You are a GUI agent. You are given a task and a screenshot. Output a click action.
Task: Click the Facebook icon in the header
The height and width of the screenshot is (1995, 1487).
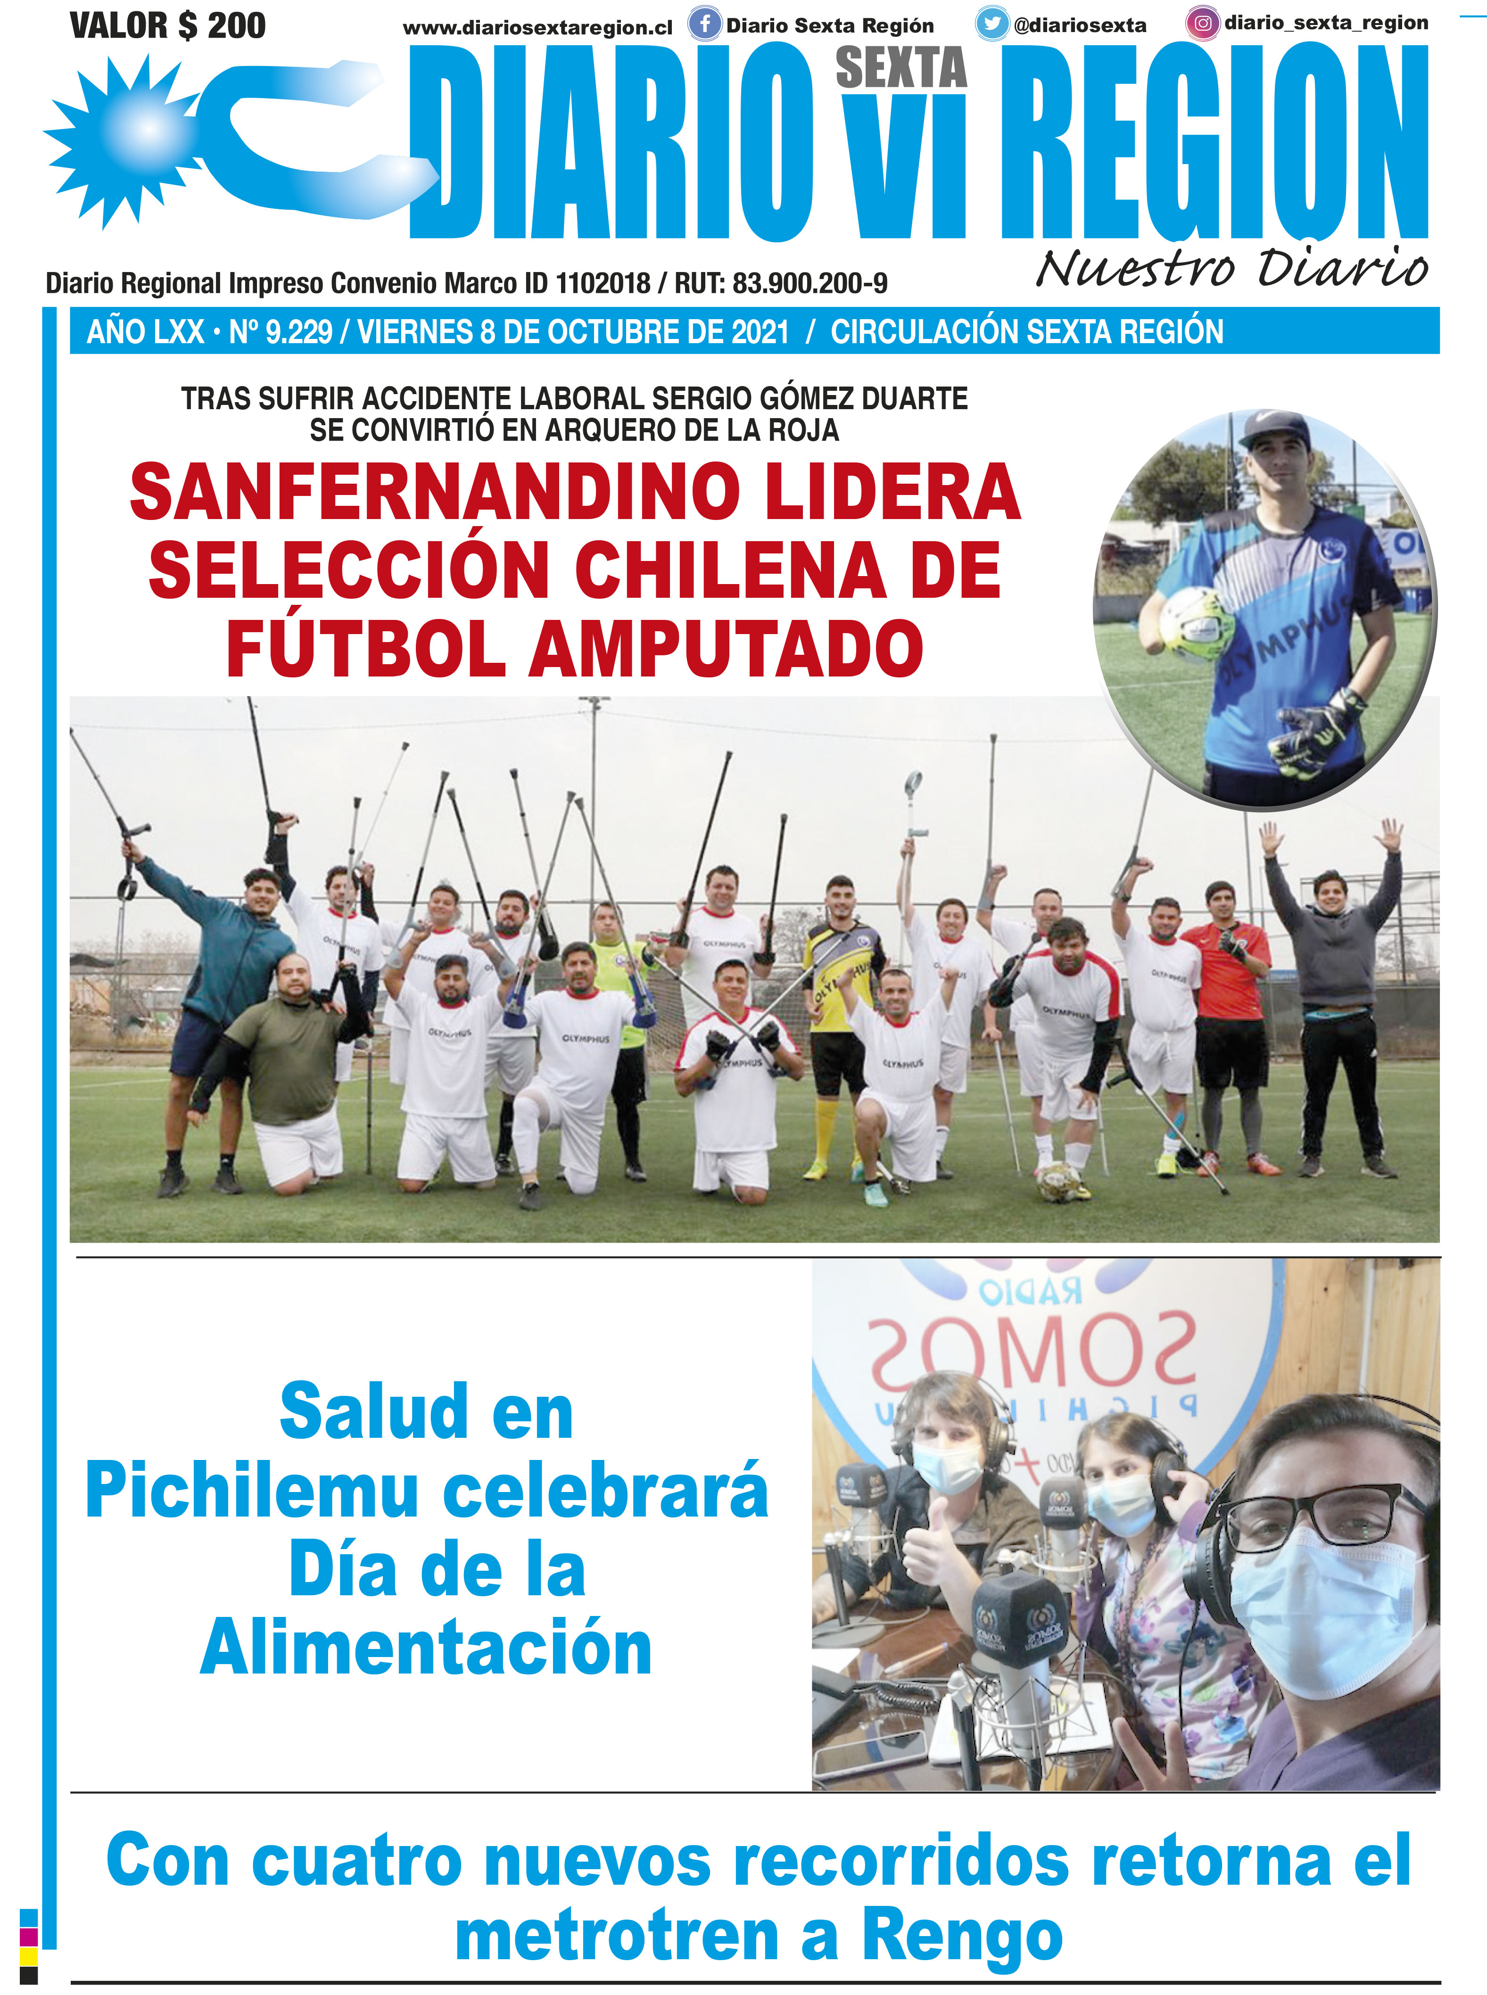click(x=705, y=25)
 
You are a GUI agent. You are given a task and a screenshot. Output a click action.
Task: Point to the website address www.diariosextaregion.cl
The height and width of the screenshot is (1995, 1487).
click(x=537, y=28)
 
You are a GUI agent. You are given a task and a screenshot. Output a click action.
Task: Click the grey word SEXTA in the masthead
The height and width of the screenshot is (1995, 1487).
click(x=901, y=68)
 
